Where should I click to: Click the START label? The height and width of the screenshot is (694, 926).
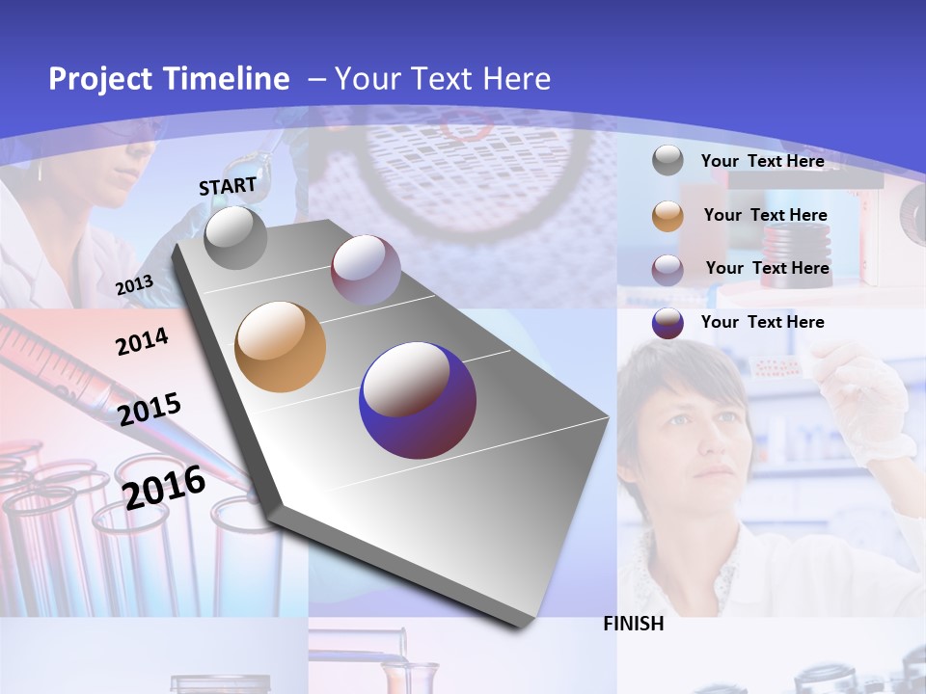(228, 186)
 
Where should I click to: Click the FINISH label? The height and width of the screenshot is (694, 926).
(634, 624)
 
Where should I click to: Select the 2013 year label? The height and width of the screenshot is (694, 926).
(134, 284)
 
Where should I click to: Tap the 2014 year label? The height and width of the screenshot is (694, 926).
(142, 341)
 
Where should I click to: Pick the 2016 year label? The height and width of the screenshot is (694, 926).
(164, 487)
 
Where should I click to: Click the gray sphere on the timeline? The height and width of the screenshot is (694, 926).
(235, 237)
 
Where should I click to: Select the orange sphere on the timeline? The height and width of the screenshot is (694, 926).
(281, 347)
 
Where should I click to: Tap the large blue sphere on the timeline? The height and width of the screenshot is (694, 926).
(418, 400)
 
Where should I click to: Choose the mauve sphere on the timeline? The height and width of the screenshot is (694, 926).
(366, 270)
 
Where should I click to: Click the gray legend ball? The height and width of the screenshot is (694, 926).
(667, 160)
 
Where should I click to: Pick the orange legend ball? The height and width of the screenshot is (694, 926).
(667, 216)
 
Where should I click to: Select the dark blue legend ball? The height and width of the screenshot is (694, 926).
(667, 323)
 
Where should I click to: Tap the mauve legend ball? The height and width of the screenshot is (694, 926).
(667, 270)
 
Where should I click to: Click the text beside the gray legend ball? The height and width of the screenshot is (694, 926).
(762, 161)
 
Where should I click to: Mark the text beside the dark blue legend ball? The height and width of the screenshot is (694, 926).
(762, 322)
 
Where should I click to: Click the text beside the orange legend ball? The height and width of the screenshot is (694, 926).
(765, 215)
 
